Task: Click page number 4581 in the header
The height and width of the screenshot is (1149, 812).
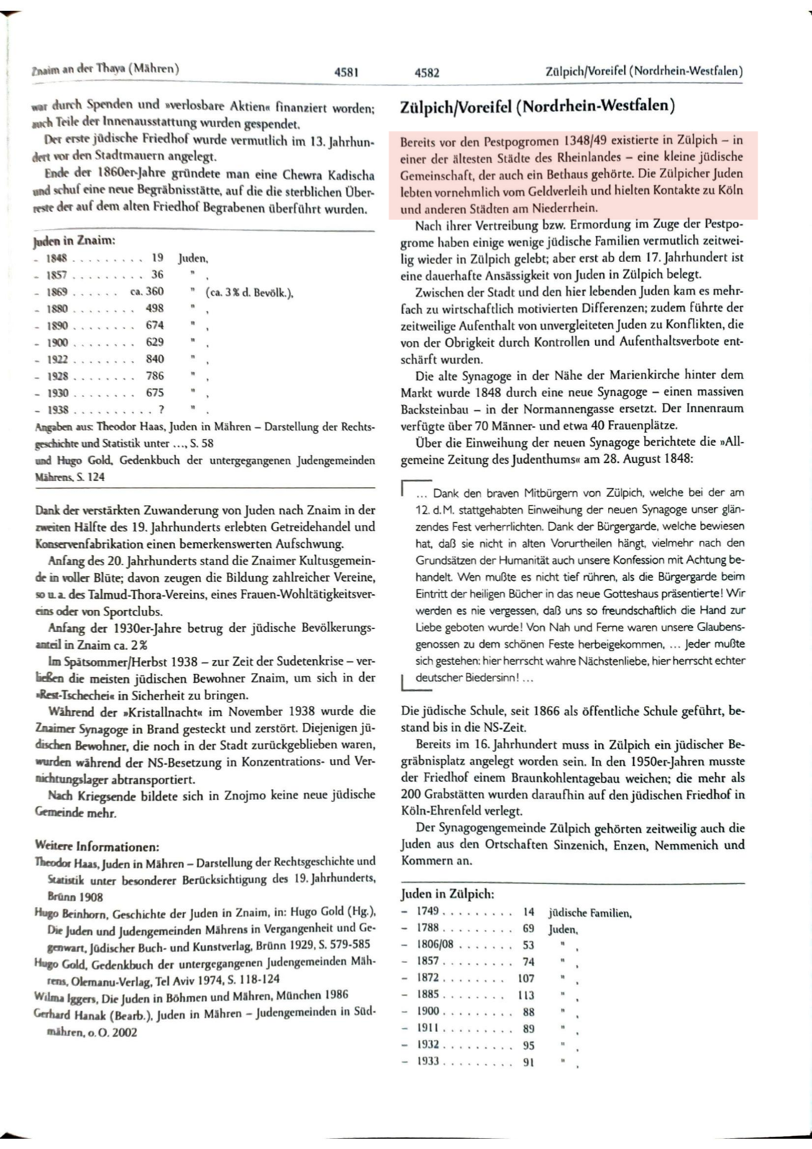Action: (346, 72)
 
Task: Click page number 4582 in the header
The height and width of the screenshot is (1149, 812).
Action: (426, 72)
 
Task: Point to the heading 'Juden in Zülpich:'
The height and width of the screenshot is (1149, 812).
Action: (447, 894)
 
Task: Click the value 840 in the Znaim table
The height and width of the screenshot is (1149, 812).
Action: (155, 359)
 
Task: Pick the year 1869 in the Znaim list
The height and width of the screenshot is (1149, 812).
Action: (57, 292)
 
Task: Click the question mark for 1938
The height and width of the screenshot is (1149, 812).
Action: (162, 409)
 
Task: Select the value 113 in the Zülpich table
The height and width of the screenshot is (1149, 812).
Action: (526, 995)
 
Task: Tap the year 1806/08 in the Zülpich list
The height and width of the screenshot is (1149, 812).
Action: (435, 944)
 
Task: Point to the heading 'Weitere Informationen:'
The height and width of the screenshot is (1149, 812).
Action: (96, 846)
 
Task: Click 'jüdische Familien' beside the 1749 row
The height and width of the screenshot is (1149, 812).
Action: (589, 913)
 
